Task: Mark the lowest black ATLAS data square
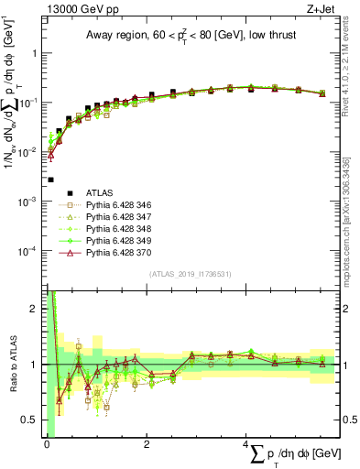point(51,180)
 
